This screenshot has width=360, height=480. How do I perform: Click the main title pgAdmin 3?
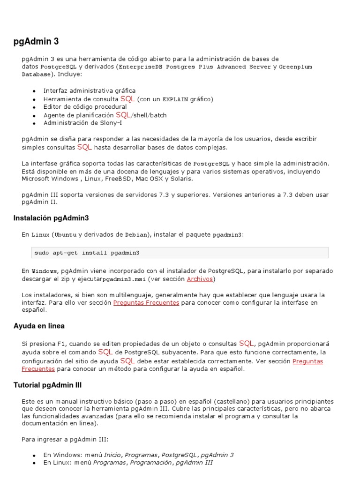[36, 42]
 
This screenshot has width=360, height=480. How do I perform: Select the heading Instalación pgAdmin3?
[51, 218]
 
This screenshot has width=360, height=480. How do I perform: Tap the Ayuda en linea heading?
[39, 326]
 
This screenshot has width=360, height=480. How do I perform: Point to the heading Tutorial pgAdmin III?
[48, 385]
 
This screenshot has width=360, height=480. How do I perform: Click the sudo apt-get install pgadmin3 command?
[87, 253]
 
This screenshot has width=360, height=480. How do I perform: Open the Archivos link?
[200, 279]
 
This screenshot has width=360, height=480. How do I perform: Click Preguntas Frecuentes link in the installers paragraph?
[146, 303]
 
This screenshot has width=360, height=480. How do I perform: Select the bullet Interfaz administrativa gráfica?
[89, 90]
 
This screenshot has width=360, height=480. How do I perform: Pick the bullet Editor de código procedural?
[85, 107]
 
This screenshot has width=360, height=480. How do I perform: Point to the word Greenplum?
[295, 67]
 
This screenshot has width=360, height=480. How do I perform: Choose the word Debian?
[136, 234]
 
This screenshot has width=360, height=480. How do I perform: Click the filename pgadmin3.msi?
[124, 279]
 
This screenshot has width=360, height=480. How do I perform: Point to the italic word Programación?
[151, 463]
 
